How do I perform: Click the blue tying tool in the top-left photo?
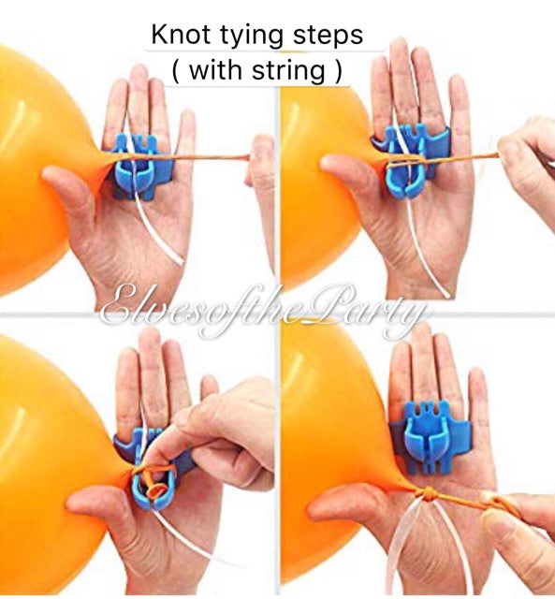[140, 164]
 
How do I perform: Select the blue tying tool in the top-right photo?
[413, 150]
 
